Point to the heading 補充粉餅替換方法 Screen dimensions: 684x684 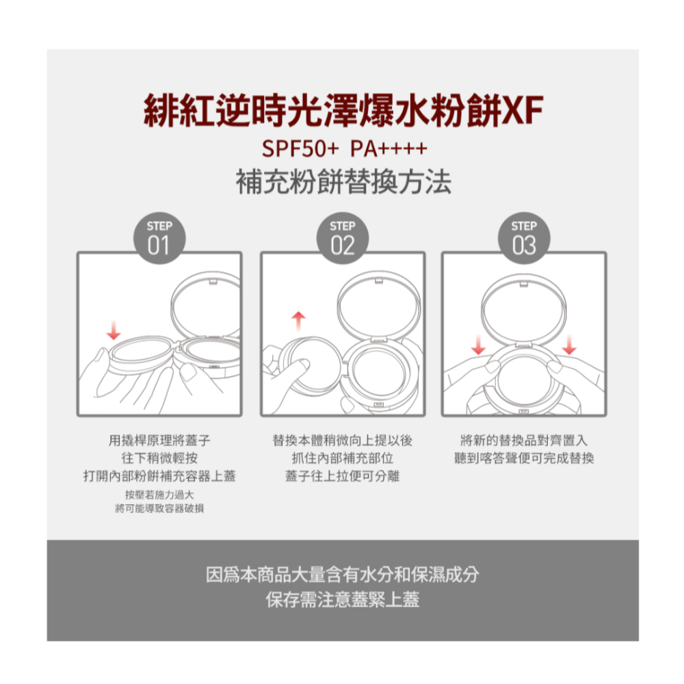pos(343,183)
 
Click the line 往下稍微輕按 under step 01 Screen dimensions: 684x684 pos(159,458)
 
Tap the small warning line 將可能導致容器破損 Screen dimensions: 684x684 pos(159,508)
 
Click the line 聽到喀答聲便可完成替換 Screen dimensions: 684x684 pos(524,458)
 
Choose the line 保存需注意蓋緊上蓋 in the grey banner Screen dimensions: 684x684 pos(343,600)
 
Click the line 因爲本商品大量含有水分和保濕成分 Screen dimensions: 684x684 pos(343,575)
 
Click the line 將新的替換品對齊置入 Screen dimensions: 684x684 pos(524,440)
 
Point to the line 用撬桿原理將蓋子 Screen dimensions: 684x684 pos(159,440)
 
